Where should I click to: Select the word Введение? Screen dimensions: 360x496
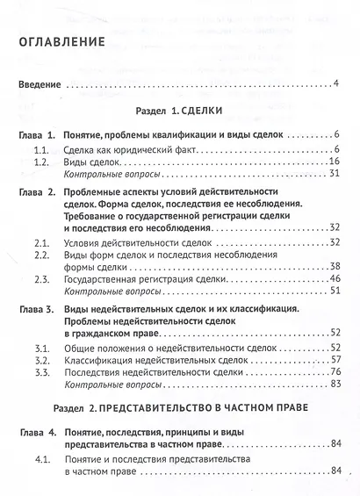click(40, 85)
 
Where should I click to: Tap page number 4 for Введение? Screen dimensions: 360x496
click(336, 85)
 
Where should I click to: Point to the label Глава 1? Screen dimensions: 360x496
click(38, 136)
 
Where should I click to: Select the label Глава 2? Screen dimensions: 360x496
click(38, 191)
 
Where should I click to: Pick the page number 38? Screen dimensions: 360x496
click(334, 267)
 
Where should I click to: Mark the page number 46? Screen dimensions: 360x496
click(334, 280)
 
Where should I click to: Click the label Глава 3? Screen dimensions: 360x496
click(38, 309)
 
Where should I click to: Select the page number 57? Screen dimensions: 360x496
click(334, 360)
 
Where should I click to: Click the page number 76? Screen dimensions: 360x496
click(334, 372)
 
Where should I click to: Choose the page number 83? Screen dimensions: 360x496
click(334, 385)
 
